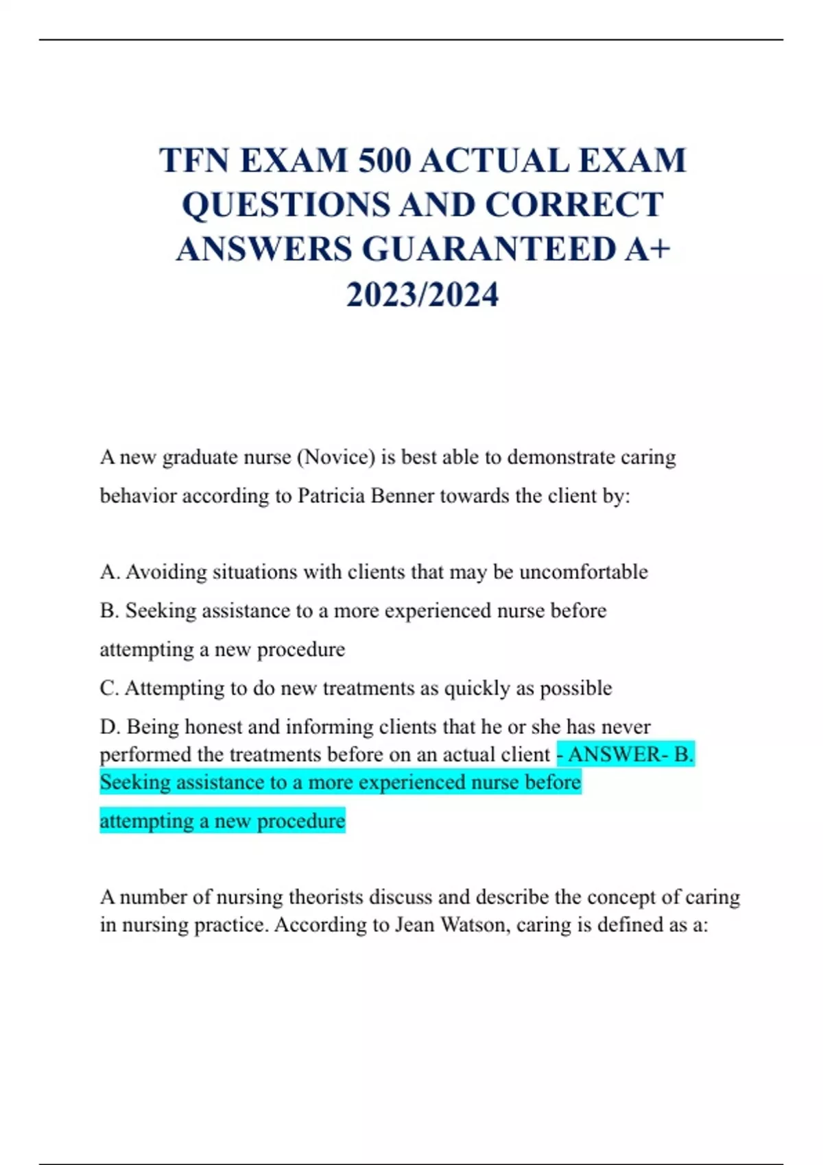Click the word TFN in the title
pyautogui.click(x=194, y=161)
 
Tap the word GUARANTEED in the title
pyautogui.click(x=489, y=249)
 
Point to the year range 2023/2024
pyautogui.click(x=422, y=295)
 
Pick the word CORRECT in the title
pyautogui.click(x=574, y=205)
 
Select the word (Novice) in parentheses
pyautogui.click(x=336, y=457)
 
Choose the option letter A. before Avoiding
pyautogui.click(x=110, y=572)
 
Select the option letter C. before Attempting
pyautogui.click(x=109, y=688)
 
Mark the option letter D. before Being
pyautogui.click(x=110, y=726)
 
